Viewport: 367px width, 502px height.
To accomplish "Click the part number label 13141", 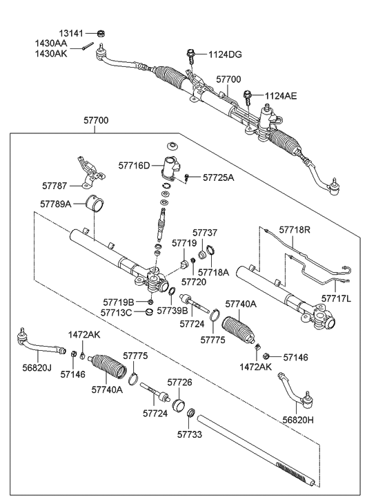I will coord(69,32).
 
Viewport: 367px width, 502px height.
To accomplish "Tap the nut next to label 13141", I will coord(101,32).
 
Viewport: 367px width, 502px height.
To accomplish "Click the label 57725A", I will coord(218,177).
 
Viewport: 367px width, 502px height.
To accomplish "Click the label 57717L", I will coord(336,298).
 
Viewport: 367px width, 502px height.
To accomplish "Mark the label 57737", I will coord(204,233).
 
